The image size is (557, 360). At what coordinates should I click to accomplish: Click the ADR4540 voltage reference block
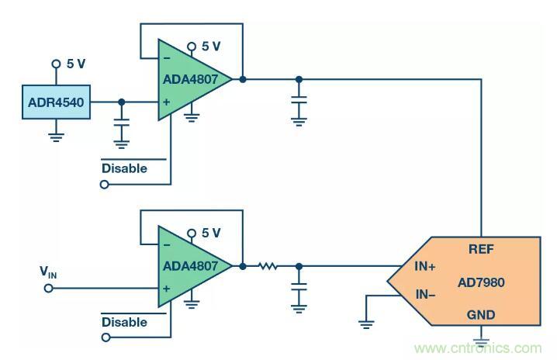(56, 102)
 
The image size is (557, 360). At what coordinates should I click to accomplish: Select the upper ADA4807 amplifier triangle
(190, 80)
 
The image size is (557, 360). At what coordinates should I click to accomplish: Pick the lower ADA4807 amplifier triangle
(190, 266)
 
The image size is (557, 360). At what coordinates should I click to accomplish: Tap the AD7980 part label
(482, 282)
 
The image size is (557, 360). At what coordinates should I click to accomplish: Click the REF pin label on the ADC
(482, 250)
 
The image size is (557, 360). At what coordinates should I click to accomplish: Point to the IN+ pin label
(424, 266)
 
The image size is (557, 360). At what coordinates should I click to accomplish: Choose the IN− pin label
(424, 295)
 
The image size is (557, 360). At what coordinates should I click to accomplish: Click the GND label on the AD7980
(482, 315)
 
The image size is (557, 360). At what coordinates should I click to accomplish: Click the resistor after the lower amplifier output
(268, 266)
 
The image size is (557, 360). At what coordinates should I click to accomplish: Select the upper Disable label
(124, 168)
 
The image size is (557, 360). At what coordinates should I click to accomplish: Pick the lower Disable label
(124, 321)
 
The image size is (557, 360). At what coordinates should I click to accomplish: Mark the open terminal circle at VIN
(48, 288)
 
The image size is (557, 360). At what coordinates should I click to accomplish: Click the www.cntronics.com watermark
(479, 348)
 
